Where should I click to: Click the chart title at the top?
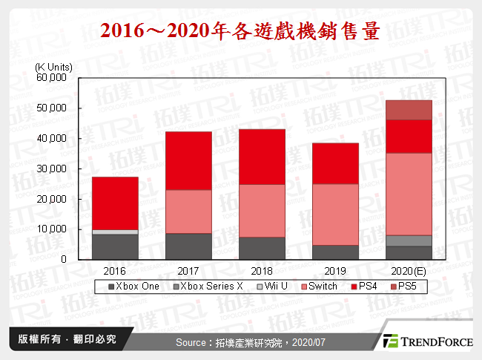click(x=240, y=30)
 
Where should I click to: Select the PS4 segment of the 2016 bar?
click(x=114, y=203)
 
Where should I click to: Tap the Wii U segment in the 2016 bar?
click(x=114, y=232)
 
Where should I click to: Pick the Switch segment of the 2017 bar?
click(x=188, y=212)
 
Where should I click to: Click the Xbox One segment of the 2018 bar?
click(x=262, y=248)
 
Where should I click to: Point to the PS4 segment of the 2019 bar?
click(x=335, y=163)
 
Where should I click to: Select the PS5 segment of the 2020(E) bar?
click(x=409, y=110)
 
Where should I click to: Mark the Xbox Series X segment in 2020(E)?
click(x=409, y=240)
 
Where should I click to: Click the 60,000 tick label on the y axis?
click(x=52, y=77)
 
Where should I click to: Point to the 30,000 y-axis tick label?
click(x=52, y=168)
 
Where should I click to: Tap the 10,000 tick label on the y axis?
click(x=52, y=229)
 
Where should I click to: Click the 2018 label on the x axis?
click(x=262, y=270)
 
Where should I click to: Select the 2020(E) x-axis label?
click(x=409, y=270)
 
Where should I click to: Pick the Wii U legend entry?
click(x=268, y=287)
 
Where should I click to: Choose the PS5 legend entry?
click(x=404, y=287)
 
